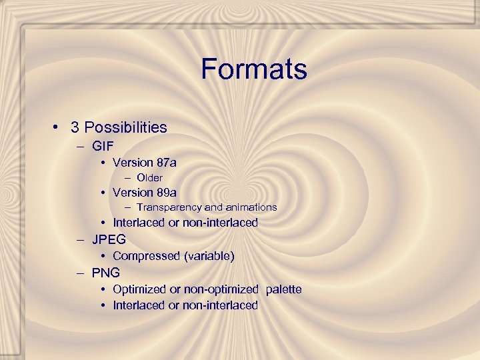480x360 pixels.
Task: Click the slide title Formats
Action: (253, 69)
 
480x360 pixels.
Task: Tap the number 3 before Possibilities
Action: (75, 127)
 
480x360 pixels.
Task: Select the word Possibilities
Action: (126, 127)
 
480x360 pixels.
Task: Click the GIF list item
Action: (103, 145)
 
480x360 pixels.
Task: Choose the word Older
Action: (149, 177)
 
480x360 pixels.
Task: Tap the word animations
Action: (251, 207)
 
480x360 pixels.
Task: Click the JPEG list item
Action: (109, 239)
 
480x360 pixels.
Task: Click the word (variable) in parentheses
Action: (209, 256)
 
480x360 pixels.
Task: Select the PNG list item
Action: (106, 272)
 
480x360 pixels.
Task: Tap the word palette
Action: (283, 289)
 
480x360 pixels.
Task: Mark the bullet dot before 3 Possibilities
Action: (59, 127)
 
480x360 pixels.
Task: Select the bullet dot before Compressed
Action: (104, 257)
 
